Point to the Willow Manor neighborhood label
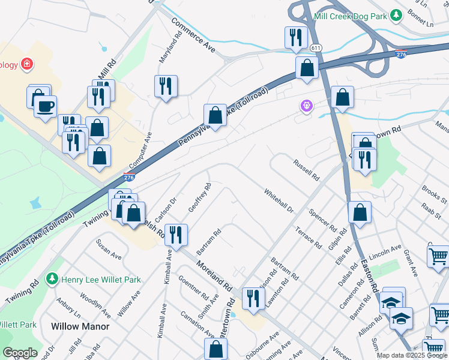(80, 326)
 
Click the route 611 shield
(316, 48)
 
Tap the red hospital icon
(26, 64)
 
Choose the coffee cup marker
(45, 107)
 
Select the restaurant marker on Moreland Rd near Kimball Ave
(176, 234)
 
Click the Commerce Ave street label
(193, 34)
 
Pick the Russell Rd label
(306, 170)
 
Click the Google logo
(20, 353)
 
